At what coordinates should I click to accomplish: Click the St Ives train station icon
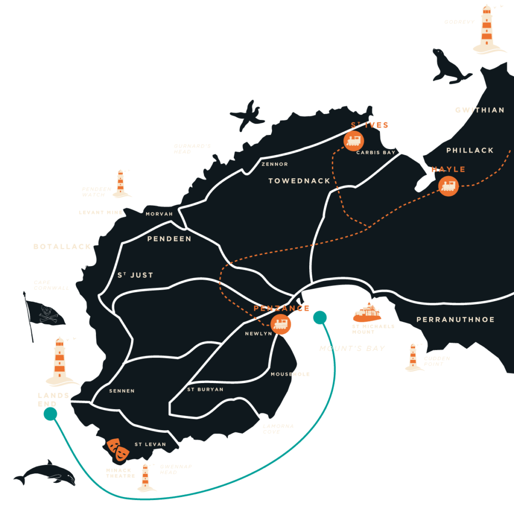[354, 141]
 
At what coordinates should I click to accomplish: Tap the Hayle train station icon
[448, 186]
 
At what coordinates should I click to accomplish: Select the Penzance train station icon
[281, 324]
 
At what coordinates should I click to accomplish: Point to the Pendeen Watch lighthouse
[120, 183]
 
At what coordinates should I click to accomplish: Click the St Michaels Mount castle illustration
[367, 313]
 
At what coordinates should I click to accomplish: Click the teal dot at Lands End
[50, 414]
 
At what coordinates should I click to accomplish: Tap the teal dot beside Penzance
[319, 317]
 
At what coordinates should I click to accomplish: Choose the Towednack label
[299, 181]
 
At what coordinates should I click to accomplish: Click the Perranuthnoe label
[455, 320]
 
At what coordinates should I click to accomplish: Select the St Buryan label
[205, 390]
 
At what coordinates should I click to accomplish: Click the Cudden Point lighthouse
[413, 358]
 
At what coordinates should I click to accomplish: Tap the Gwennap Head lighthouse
[146, 477]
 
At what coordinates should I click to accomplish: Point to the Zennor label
[275, 164]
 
